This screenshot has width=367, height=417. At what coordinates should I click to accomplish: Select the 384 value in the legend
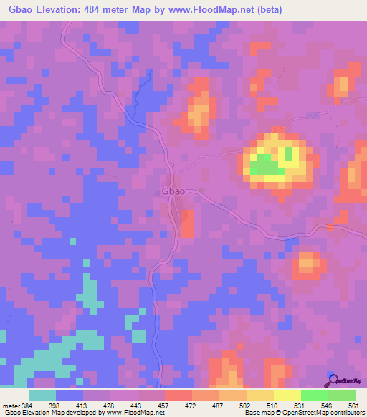point(28,405)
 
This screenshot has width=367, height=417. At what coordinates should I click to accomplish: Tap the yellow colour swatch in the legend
point(287,395)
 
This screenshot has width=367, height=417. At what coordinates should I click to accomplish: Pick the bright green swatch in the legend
point(314,395)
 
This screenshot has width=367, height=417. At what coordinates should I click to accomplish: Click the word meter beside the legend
point(9,405)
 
